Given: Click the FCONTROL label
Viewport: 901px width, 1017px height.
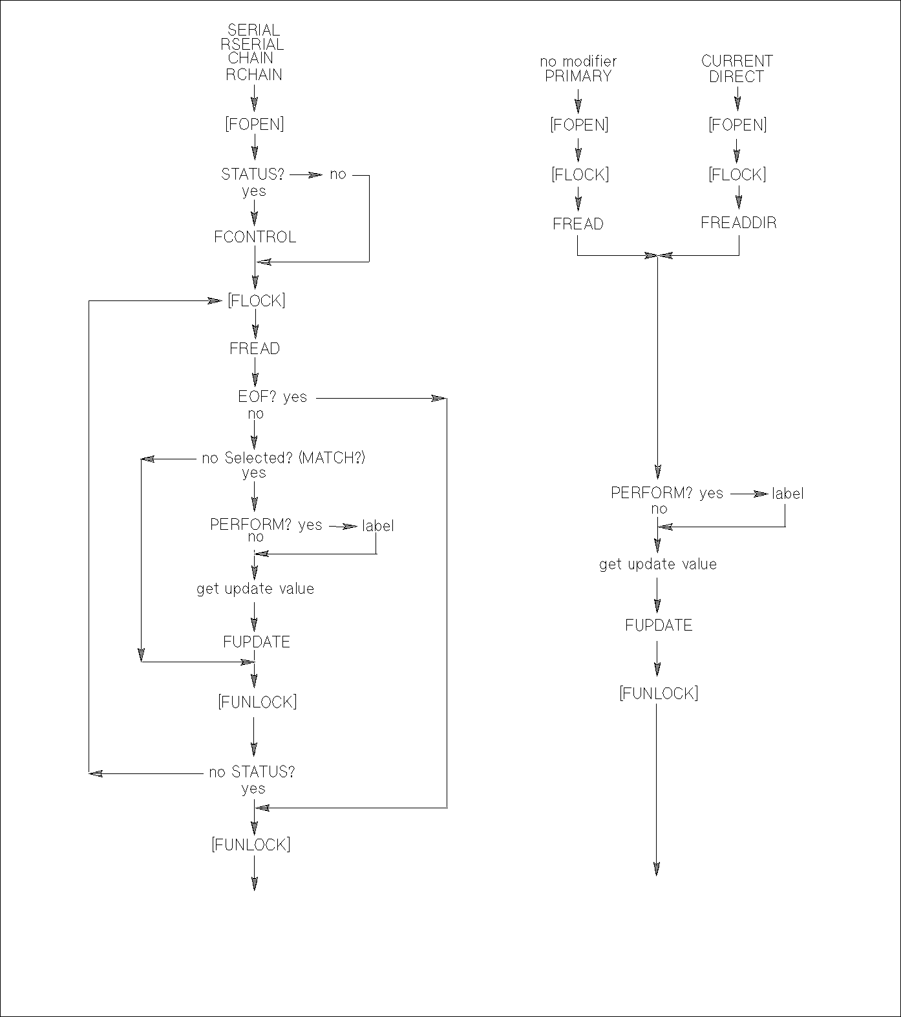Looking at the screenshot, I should click(255, 237).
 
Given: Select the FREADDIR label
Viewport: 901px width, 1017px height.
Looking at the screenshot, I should click(739, 223).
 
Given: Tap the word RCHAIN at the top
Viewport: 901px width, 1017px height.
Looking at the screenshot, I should click(254, 74).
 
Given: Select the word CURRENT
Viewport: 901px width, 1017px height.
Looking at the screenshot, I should click(737, 61).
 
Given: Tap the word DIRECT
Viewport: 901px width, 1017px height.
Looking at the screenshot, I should click(736, 76).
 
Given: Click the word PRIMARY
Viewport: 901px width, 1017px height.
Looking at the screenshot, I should click(578, 76).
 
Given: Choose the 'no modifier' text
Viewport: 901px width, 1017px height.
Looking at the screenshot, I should click(578, 61).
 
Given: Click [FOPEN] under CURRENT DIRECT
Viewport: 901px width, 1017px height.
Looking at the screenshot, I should click(737, 125).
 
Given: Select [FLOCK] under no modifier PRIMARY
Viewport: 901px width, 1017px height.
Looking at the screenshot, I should click(580, 174).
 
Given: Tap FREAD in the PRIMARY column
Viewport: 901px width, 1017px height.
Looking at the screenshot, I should click(578, 224).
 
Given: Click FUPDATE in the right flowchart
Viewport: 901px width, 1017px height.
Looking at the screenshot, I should click(659, 625).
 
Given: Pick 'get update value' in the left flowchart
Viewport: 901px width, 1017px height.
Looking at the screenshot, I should click(255, 589).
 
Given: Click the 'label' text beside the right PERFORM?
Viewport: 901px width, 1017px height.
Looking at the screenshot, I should click(787, 494).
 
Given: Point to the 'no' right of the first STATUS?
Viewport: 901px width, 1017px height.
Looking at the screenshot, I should click(338, 174).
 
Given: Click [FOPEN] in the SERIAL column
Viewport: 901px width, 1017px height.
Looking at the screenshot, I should click(254, 124).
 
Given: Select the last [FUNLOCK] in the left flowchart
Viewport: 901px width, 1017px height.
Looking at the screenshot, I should click(251, 844).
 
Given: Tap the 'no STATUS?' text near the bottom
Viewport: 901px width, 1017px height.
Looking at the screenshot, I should click(251, 772).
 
